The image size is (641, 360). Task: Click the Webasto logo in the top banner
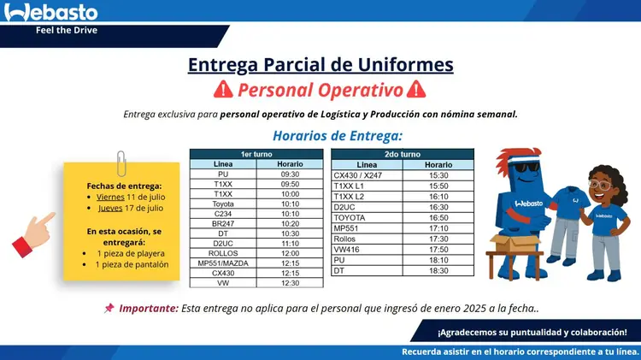tap(50, 12)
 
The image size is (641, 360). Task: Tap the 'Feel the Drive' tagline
tap(67, 30)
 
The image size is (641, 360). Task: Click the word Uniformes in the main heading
tap(405, 65)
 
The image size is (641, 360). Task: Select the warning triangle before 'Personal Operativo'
tap(223, 89)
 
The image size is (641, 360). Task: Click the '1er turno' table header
tap(256, 154)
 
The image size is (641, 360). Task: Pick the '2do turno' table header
tap(403, 154)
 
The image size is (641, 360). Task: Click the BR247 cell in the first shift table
tap(223, 223)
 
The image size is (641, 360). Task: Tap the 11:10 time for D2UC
tap(290, 244)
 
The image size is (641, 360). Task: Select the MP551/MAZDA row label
tap(223, 263)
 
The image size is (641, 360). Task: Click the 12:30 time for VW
tap(290, 283)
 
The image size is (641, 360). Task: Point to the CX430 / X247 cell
tap(358, 175)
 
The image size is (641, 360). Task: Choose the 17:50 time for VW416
tap(438, 249)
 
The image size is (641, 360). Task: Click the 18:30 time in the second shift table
tap(438, 270)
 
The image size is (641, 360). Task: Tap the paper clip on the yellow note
tap(121, 163)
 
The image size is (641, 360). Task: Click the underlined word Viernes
tap(110, 197)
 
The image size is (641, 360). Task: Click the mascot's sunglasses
tap(526, 168)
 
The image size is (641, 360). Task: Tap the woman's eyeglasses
tap(600, 185)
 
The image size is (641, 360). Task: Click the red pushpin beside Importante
tap(109, 308)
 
